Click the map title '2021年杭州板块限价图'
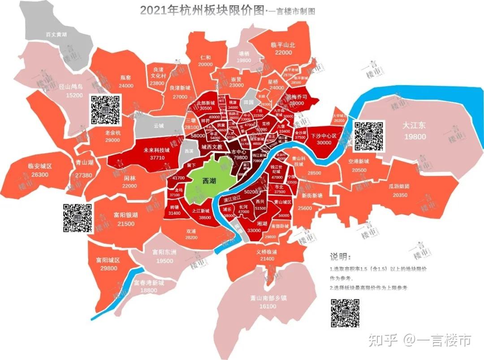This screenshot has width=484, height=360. (202, 10)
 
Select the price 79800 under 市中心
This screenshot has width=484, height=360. (240, 157)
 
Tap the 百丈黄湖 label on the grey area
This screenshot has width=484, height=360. (56, 34)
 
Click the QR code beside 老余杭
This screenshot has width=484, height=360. (105, 110)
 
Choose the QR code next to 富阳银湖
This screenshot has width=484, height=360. (77, 218)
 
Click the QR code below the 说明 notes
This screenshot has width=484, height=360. (345, 313)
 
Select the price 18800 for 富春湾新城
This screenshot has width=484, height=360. (149, 290)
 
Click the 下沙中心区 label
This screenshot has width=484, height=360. (327, 135)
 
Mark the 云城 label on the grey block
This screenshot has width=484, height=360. (159, 126)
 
